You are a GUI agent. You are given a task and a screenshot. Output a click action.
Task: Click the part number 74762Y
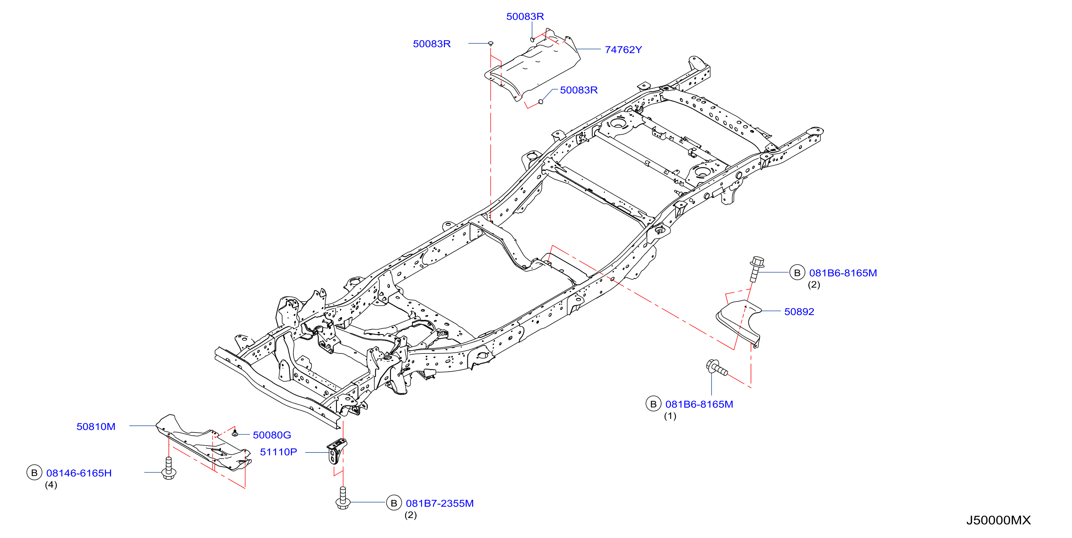click(623, 50)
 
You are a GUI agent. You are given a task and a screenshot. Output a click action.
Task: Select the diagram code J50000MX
click(998, 520)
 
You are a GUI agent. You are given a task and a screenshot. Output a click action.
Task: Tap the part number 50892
click(799, 312)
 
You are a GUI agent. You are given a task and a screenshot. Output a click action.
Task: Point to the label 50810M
click(96, 426)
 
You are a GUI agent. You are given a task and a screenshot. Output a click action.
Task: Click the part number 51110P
click(279, 452)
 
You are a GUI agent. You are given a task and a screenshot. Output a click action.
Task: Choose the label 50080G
click(272, 435)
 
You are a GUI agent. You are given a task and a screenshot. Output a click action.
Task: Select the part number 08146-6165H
click(79, 473)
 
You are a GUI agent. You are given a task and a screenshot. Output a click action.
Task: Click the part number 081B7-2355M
click(440, 504)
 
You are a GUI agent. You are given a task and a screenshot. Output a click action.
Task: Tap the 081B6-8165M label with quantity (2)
click(843, 273)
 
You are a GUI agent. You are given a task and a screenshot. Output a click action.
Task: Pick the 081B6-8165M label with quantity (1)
click(699, 404)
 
